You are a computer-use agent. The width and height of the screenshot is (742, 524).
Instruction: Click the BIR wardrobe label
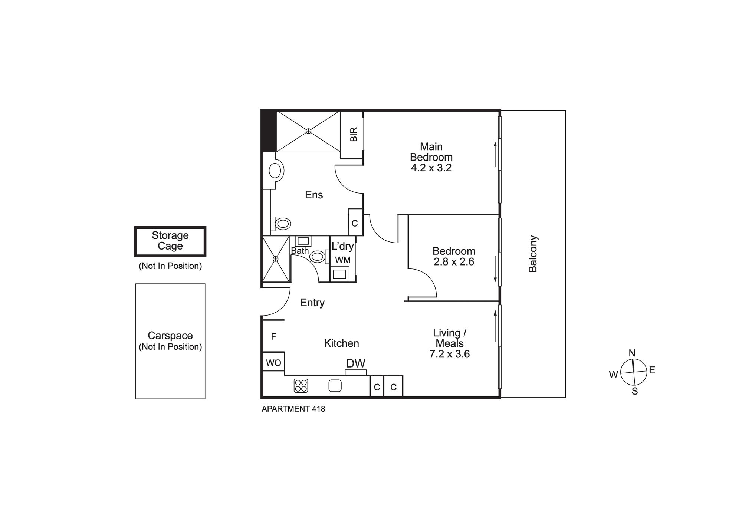(354, 134)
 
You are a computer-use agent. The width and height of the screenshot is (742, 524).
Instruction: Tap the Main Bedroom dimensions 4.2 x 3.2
(431, 168)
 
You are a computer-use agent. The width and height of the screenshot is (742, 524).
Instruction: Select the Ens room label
(314, 195)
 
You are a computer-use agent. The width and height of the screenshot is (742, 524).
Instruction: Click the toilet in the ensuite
(282, 224)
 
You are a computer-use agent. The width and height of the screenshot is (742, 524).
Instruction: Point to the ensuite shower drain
(308, 131)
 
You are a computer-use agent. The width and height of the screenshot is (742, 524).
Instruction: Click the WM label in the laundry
(343, 260)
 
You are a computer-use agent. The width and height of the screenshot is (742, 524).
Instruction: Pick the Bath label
(300, 251)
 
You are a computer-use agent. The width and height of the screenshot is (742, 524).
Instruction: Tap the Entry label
(312, 303)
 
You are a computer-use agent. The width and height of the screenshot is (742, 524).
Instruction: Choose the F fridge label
(273, 337)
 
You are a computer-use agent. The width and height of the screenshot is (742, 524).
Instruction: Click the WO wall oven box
(273, 363)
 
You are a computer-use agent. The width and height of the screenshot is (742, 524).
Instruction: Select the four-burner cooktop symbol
(301, 385)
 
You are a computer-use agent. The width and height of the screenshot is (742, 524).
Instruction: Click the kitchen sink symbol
(335, 386)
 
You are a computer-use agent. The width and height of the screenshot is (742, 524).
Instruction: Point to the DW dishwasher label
(356, 363)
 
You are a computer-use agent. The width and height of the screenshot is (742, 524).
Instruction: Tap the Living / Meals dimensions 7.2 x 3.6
(450, 354)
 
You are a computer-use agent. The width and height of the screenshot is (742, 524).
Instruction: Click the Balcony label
(533, 254)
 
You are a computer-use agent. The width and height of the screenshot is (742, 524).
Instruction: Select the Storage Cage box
(170, 241)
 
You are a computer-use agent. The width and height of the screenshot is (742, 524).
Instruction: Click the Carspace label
(170, 336)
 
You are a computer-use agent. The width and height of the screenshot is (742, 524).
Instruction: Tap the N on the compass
(632, 353)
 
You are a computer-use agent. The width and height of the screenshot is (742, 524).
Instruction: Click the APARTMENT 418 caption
(293, 409)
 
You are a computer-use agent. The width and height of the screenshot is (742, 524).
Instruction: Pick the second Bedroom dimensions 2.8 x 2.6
(454, 262)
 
